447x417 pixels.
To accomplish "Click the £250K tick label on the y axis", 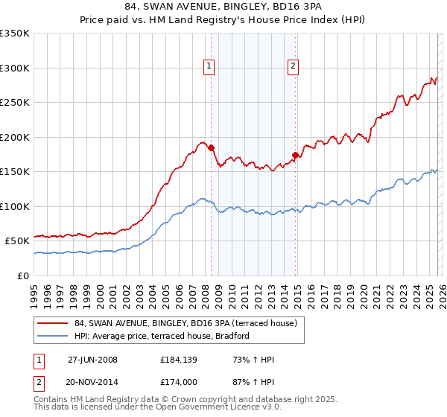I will point(15,103).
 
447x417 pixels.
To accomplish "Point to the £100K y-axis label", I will point(15,206).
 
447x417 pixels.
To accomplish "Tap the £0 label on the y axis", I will point(24,276).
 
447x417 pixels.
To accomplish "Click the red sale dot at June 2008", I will point(211,147).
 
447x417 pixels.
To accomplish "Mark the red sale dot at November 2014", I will point(296,155).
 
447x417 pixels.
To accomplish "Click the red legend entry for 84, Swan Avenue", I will point(186,323).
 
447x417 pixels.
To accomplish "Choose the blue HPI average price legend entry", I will point(161,337).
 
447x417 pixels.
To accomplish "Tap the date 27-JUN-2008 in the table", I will point(92,360).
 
